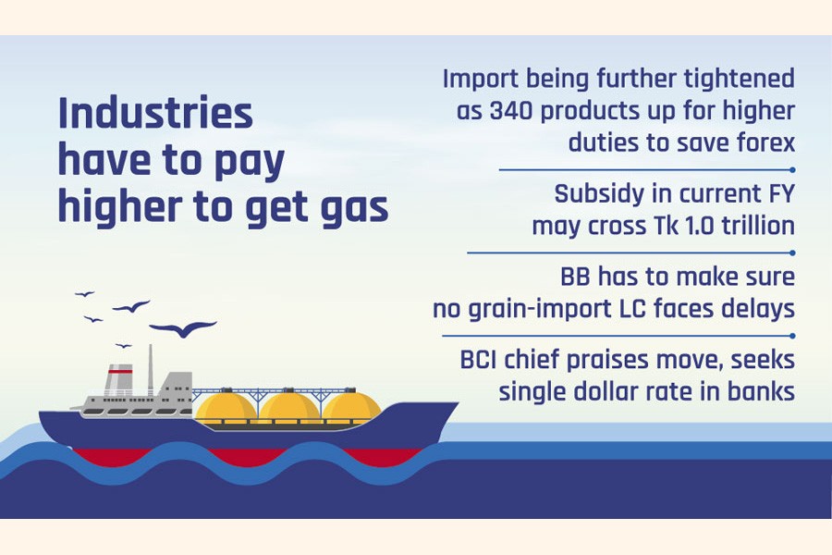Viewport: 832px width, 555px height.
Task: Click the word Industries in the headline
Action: tap(155, 113)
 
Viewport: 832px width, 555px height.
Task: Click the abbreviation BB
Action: tap(575, 277)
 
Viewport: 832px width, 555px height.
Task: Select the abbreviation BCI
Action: tap(479, 360)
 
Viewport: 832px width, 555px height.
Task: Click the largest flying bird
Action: tap(183, 328)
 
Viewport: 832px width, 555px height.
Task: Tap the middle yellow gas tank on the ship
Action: tap(289, 408)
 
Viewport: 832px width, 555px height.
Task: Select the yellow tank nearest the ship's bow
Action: tap(351, 408)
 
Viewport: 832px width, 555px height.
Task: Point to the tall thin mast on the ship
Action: tap(150, 370)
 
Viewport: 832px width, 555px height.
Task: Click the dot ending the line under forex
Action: tap(792, 170)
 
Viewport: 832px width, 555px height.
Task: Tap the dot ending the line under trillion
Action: tap(792, 253)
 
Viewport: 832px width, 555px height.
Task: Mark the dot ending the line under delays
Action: tap(792, 336)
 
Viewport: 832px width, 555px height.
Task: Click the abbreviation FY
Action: tap(781, 194)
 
